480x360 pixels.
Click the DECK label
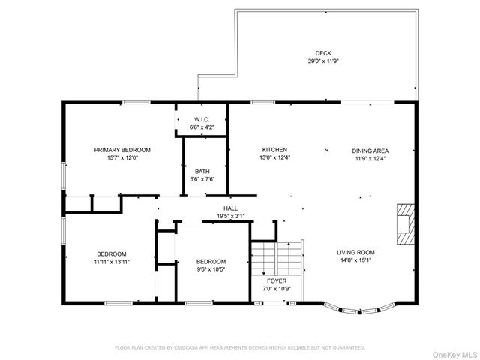click(x=322, y=53)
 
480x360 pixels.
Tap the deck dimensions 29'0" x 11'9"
click(x=322, y=61)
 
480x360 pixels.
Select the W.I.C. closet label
click(x=202, y=120)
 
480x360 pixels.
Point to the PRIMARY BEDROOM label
click(x=122, y=150)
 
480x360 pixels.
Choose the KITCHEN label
click(x=274, y=150)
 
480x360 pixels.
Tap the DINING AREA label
click(x=370, y=150)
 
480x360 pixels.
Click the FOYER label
click(x=277, y=280)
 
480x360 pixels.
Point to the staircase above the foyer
click(x=275, y=259)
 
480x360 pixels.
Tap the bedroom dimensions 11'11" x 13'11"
click(x=111, y=261)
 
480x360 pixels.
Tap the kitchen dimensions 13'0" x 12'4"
click(x=274, y=157)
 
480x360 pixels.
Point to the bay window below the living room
click(x=357, y=307)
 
